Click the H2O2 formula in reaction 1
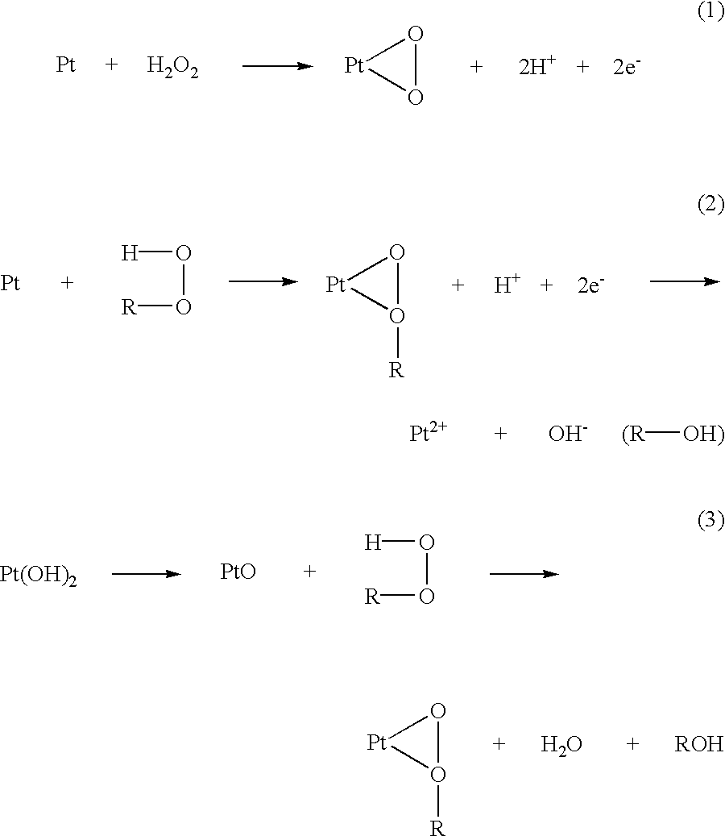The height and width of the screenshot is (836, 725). tap(172, 67)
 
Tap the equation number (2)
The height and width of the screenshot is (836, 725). tap(710, 204)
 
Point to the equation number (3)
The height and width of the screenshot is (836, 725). tap(710, 519)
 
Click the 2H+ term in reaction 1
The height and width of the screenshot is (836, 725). tap(537, 65)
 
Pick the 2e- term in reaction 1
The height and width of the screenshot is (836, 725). tap(627, 66)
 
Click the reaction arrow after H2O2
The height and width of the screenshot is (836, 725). tap(278, 66)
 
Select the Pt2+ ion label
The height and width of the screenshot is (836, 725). tap(429, 432)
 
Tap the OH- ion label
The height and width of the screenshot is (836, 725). tap(568, 434)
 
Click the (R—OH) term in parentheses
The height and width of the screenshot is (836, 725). tap(673, 434)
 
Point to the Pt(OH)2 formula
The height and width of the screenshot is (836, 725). tap(39, 574)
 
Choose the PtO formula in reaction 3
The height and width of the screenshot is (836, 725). tap(238, 572)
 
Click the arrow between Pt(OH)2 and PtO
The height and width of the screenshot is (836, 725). tap(147, 574)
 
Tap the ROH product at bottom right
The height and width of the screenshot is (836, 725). tap(699, 743)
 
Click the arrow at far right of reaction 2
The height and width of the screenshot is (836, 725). tap(685, 281)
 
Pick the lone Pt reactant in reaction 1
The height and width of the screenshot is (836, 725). tap(66, 65)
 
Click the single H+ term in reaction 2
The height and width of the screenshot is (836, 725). tap(507, 285)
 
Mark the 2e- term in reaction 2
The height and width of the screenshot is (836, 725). tap(591, 285)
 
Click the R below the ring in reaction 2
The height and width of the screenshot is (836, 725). tap(396, 369)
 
